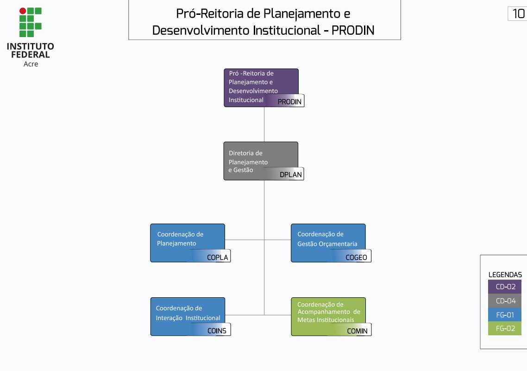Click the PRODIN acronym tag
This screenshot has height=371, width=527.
click(289, 102)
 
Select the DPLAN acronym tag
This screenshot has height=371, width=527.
click(290, 175)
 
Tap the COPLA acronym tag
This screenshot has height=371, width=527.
click(217, 257)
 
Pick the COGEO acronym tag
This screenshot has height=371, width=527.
click(356, 257)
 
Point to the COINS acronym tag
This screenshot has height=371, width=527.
click(217, 331)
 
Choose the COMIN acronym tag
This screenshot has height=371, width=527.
click(357, 331)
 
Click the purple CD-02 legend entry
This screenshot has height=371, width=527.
click(505, 287)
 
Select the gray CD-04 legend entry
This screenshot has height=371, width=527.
click(505, 301)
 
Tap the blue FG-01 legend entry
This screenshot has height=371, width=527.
click(505, 314)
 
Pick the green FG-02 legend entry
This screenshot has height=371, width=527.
click(505, 328)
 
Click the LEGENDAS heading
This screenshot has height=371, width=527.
click(505, 275)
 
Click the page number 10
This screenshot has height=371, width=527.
click(518, 14)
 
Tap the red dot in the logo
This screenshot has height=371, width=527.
click(23, 11)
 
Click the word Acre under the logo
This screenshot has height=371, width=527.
click(31, 64)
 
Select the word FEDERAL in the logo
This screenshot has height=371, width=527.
click(31, 55)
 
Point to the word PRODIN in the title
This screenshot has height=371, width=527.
click(353, 31)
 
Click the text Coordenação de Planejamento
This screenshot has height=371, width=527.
click(180, 239)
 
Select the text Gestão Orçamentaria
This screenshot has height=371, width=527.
click(327, 244)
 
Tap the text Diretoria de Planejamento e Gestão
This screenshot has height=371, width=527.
click(248, 161)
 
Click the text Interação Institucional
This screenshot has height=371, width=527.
click(188, 318)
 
